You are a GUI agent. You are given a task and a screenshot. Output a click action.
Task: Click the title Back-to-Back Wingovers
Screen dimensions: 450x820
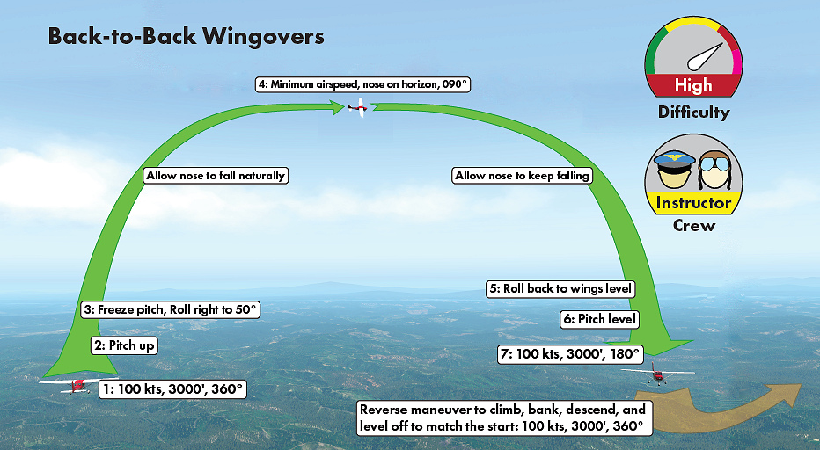point(186,36)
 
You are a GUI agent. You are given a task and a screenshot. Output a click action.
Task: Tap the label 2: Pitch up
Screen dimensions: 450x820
point(123,345)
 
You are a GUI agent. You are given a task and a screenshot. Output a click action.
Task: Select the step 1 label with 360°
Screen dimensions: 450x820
point(172,388)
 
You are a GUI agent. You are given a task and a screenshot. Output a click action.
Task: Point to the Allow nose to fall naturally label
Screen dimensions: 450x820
point(216,176)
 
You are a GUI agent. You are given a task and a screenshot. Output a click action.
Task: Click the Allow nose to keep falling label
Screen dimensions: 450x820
point(521,176)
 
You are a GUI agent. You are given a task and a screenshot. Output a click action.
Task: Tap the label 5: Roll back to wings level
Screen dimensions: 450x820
point(560,288)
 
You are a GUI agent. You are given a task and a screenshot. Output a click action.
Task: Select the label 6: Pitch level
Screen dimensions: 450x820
point(598,320)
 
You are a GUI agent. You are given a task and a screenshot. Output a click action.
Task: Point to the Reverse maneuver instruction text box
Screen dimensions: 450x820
point(502,417)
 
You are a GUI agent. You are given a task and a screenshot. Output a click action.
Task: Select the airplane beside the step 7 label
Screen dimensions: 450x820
point(657,375)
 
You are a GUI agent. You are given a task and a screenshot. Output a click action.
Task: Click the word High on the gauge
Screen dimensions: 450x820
point(693,86)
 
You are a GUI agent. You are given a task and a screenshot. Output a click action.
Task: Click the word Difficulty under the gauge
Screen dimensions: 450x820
point(693,112)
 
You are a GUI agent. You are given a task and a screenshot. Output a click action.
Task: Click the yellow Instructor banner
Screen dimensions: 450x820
point(693,203)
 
